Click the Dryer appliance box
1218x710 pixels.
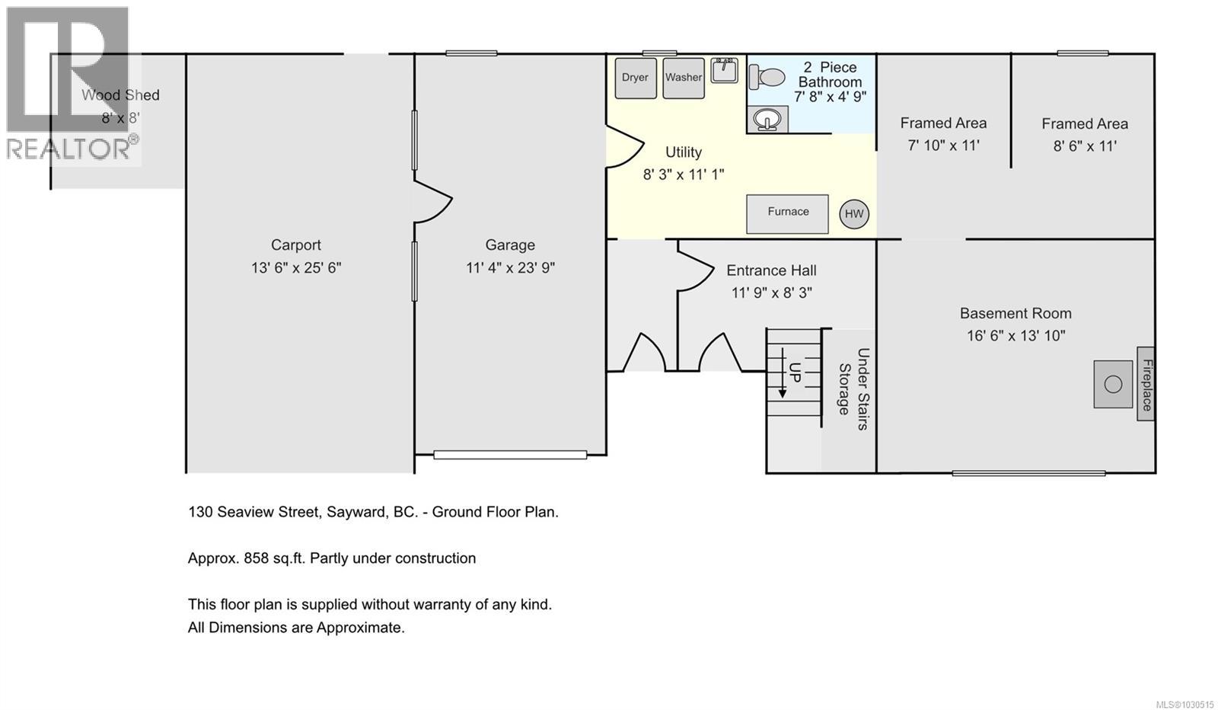636,78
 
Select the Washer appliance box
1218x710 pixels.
683,78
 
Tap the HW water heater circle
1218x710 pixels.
854,214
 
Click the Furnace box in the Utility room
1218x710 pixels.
787,213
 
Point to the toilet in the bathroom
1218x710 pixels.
767,77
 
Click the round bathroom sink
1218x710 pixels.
767,120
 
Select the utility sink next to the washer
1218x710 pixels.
724,70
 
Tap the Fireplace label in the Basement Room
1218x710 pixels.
1146,384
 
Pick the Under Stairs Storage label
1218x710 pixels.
853,389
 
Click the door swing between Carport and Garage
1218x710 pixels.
433,201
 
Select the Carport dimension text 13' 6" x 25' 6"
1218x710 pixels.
296,268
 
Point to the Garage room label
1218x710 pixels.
510,245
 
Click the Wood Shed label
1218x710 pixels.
120,95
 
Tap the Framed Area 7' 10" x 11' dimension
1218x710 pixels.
943,146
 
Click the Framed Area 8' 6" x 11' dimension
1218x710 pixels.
1085,146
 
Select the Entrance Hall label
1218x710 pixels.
771,270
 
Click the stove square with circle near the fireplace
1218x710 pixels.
1113,384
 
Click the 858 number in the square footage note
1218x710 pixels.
257,558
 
